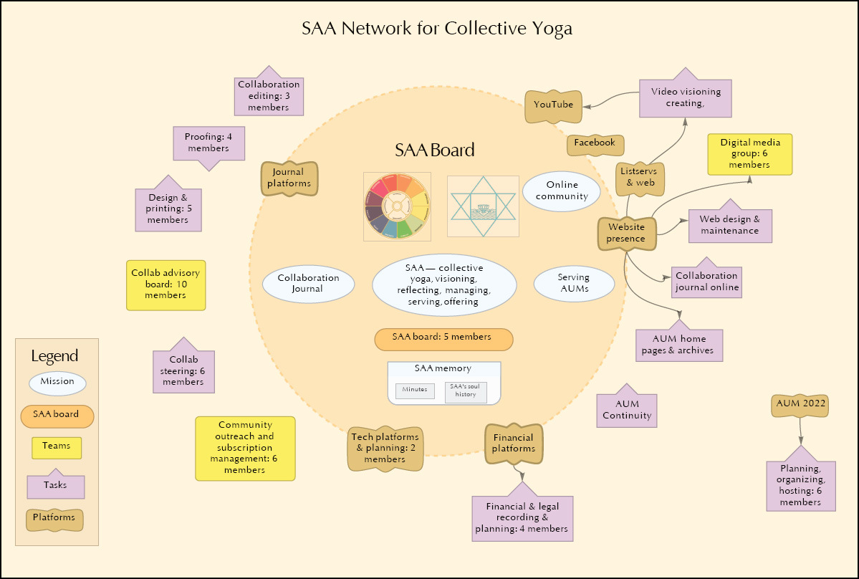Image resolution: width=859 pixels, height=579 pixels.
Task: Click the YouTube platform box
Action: (553, 105)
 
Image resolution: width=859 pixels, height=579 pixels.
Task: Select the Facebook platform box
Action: (595, 143)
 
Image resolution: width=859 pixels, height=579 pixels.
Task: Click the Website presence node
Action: (626, 234)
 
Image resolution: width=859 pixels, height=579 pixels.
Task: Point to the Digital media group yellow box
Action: (750, 154)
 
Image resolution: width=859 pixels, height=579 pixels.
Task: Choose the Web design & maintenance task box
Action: (730, 225)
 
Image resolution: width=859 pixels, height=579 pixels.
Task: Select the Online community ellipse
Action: (562, 191)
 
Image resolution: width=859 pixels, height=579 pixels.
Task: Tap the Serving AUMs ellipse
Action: (574, 283)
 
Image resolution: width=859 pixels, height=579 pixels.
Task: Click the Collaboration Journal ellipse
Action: (309, 284)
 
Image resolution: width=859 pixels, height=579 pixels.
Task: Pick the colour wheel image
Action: (397, 206)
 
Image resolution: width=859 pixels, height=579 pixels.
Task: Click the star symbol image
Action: (482, 206)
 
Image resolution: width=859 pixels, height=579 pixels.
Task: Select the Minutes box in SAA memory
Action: (415, 391)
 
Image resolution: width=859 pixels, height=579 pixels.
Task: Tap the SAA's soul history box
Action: (465, 391)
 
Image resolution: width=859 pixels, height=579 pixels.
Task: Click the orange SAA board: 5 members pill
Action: (443, 339)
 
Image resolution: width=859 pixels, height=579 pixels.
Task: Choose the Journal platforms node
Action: (288, 178)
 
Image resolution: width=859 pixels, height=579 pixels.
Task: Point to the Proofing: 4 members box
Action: (210, 143)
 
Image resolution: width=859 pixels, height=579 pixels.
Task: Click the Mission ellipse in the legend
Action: (57, 382)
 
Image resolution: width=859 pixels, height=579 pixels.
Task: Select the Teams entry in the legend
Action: (57, 446)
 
